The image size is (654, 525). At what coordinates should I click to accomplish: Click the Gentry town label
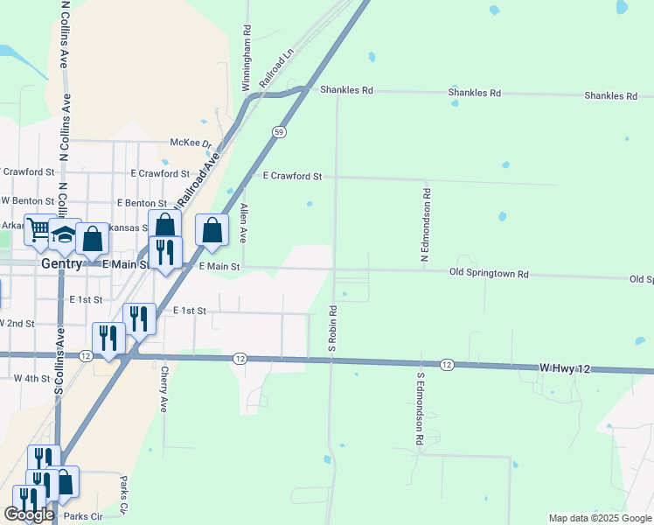pyautogui.click(x=61, y=263)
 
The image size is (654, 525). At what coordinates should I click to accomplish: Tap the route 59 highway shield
pyautogui.click(x=278, y=131)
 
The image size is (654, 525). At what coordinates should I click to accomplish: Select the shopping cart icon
pyautogui.click(x=38, y=230)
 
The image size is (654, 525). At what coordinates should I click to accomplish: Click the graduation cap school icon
pyautogui.click(x=65, y=234)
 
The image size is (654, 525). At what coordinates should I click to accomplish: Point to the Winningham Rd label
pyautogui.click(x=247, y=58)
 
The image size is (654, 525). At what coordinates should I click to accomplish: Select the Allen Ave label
pyautogui.click(x=244, y=224)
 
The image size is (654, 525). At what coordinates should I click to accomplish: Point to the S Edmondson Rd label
pyautogui.click(x=421, y=411)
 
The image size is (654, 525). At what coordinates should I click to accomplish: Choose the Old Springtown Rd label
pyautogui.click(x=490, y=274)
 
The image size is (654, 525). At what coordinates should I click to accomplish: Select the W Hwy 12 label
pyautogui.click(x=565, y=369)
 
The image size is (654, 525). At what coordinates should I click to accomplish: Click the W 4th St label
pyautogui.click(x=32, y=378)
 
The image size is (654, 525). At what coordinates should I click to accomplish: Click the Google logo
pyautogui.click(x=29, y=514)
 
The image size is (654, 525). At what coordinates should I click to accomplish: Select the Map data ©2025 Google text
pyautogui.click(x=599, y=518)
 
